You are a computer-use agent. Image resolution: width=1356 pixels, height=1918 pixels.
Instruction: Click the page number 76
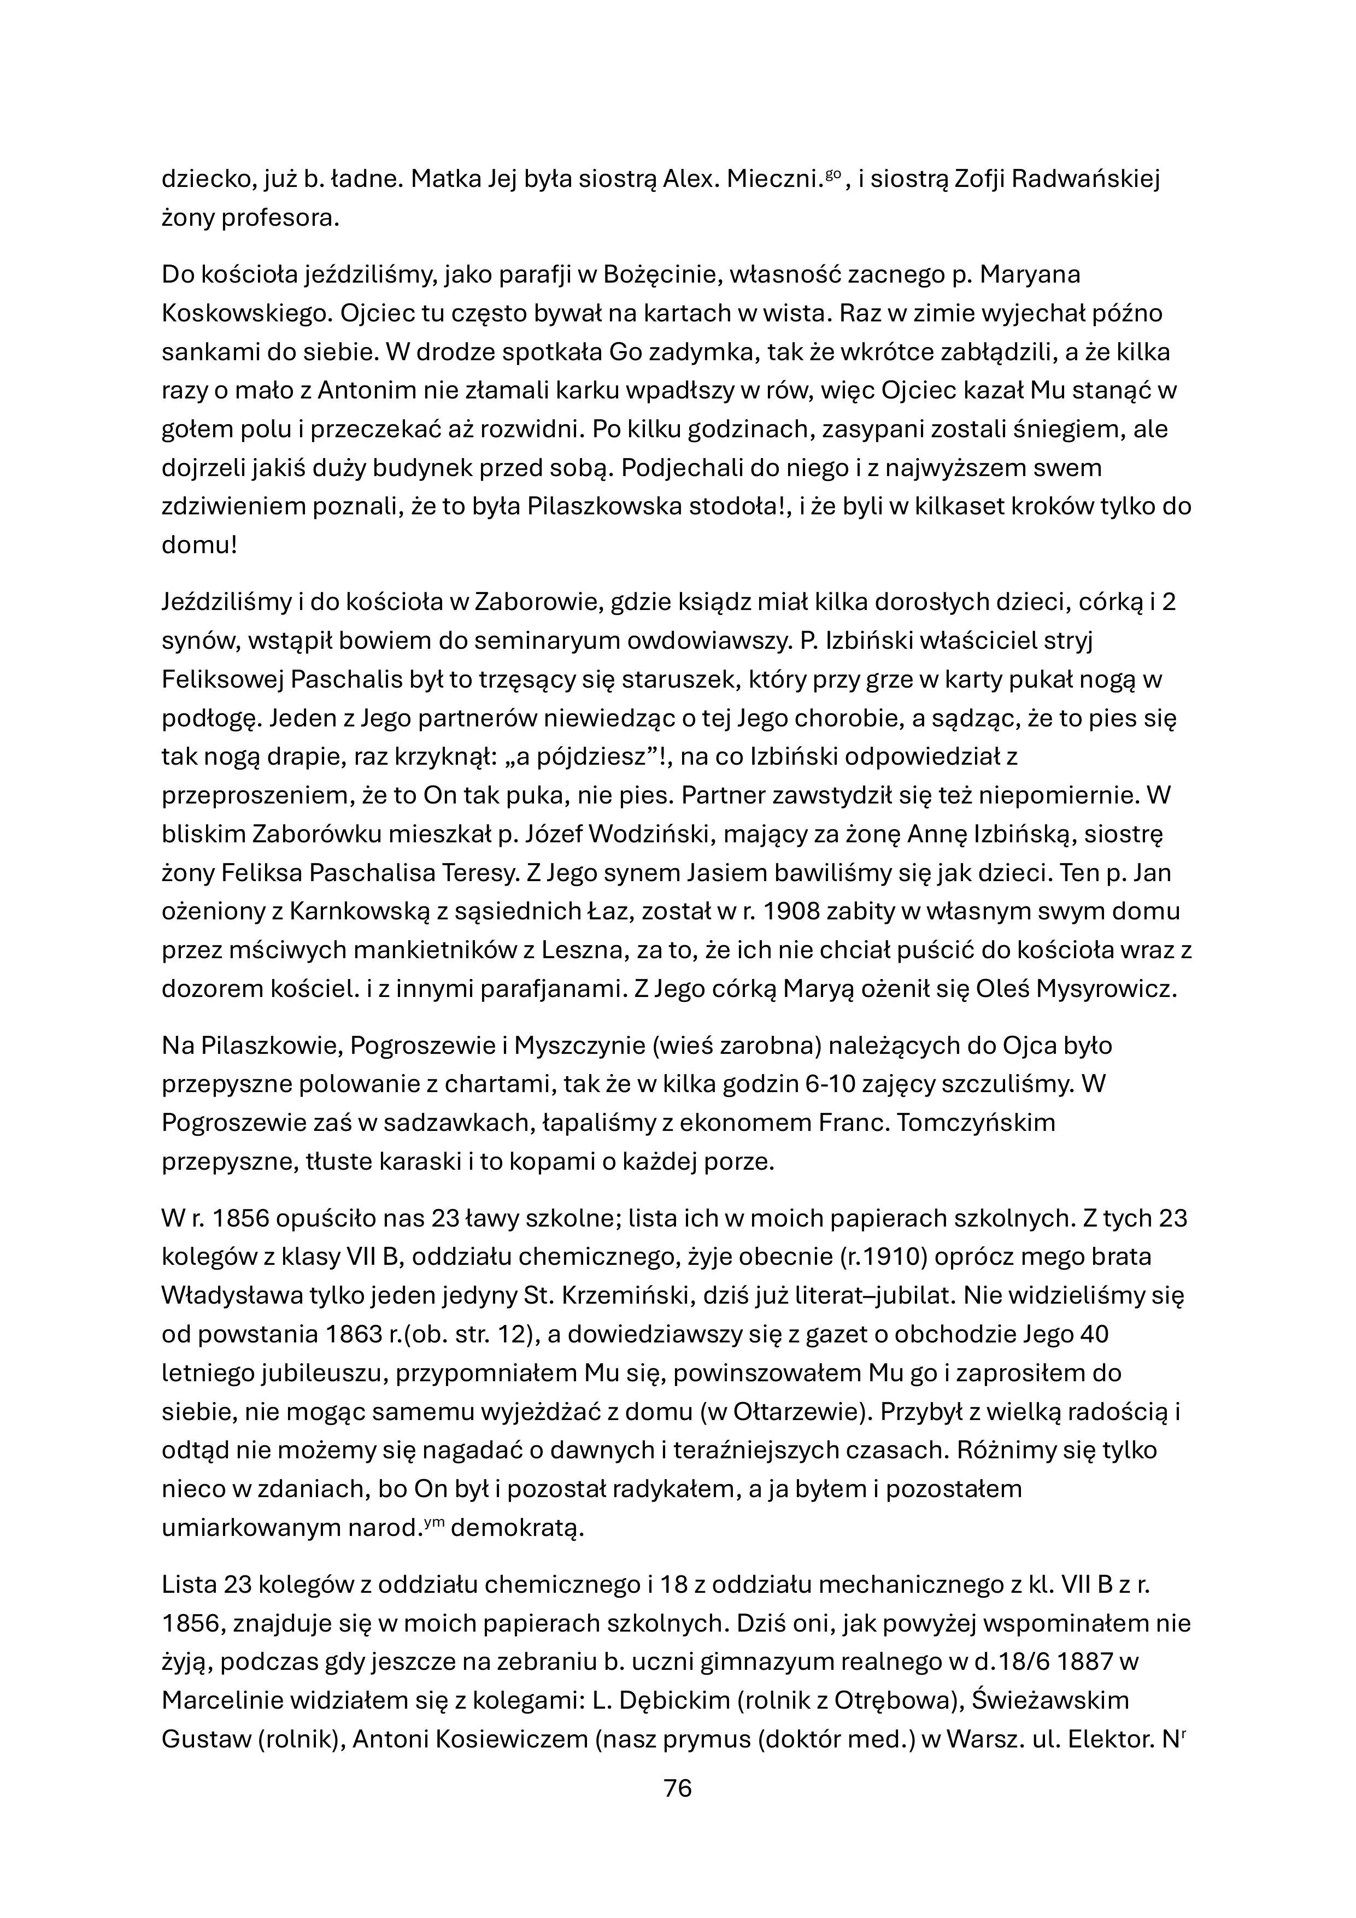point(678,1788)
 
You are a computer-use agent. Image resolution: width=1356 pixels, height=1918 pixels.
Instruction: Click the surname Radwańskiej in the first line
point(1085,180)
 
